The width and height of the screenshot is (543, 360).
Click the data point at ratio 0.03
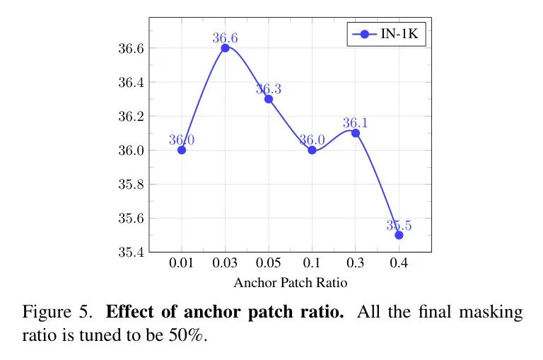pos(225,48)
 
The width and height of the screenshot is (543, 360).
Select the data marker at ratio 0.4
pos(399,235)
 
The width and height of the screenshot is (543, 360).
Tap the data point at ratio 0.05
pos(269,99)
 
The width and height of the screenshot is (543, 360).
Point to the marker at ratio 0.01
pos(182,150)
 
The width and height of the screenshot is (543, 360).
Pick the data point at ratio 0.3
pos(355,133)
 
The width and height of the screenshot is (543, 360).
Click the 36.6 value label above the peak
pos(226,38)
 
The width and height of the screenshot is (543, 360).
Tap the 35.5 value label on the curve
pos(399,225)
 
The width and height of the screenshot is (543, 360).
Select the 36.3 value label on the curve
pos(269,89)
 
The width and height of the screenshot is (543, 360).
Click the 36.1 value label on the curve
pos(355,123)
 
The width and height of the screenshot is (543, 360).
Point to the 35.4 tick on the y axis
pos(132,252)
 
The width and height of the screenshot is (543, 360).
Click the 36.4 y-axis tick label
pos(132,83)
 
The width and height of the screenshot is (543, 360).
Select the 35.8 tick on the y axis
pos(132,185)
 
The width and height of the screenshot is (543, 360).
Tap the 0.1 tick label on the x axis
pos(312,264)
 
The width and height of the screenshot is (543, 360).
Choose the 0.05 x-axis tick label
pos(269,264)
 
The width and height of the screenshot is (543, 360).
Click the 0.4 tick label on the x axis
pos(399,264)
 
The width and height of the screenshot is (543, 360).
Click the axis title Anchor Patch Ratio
pos(291,283)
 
